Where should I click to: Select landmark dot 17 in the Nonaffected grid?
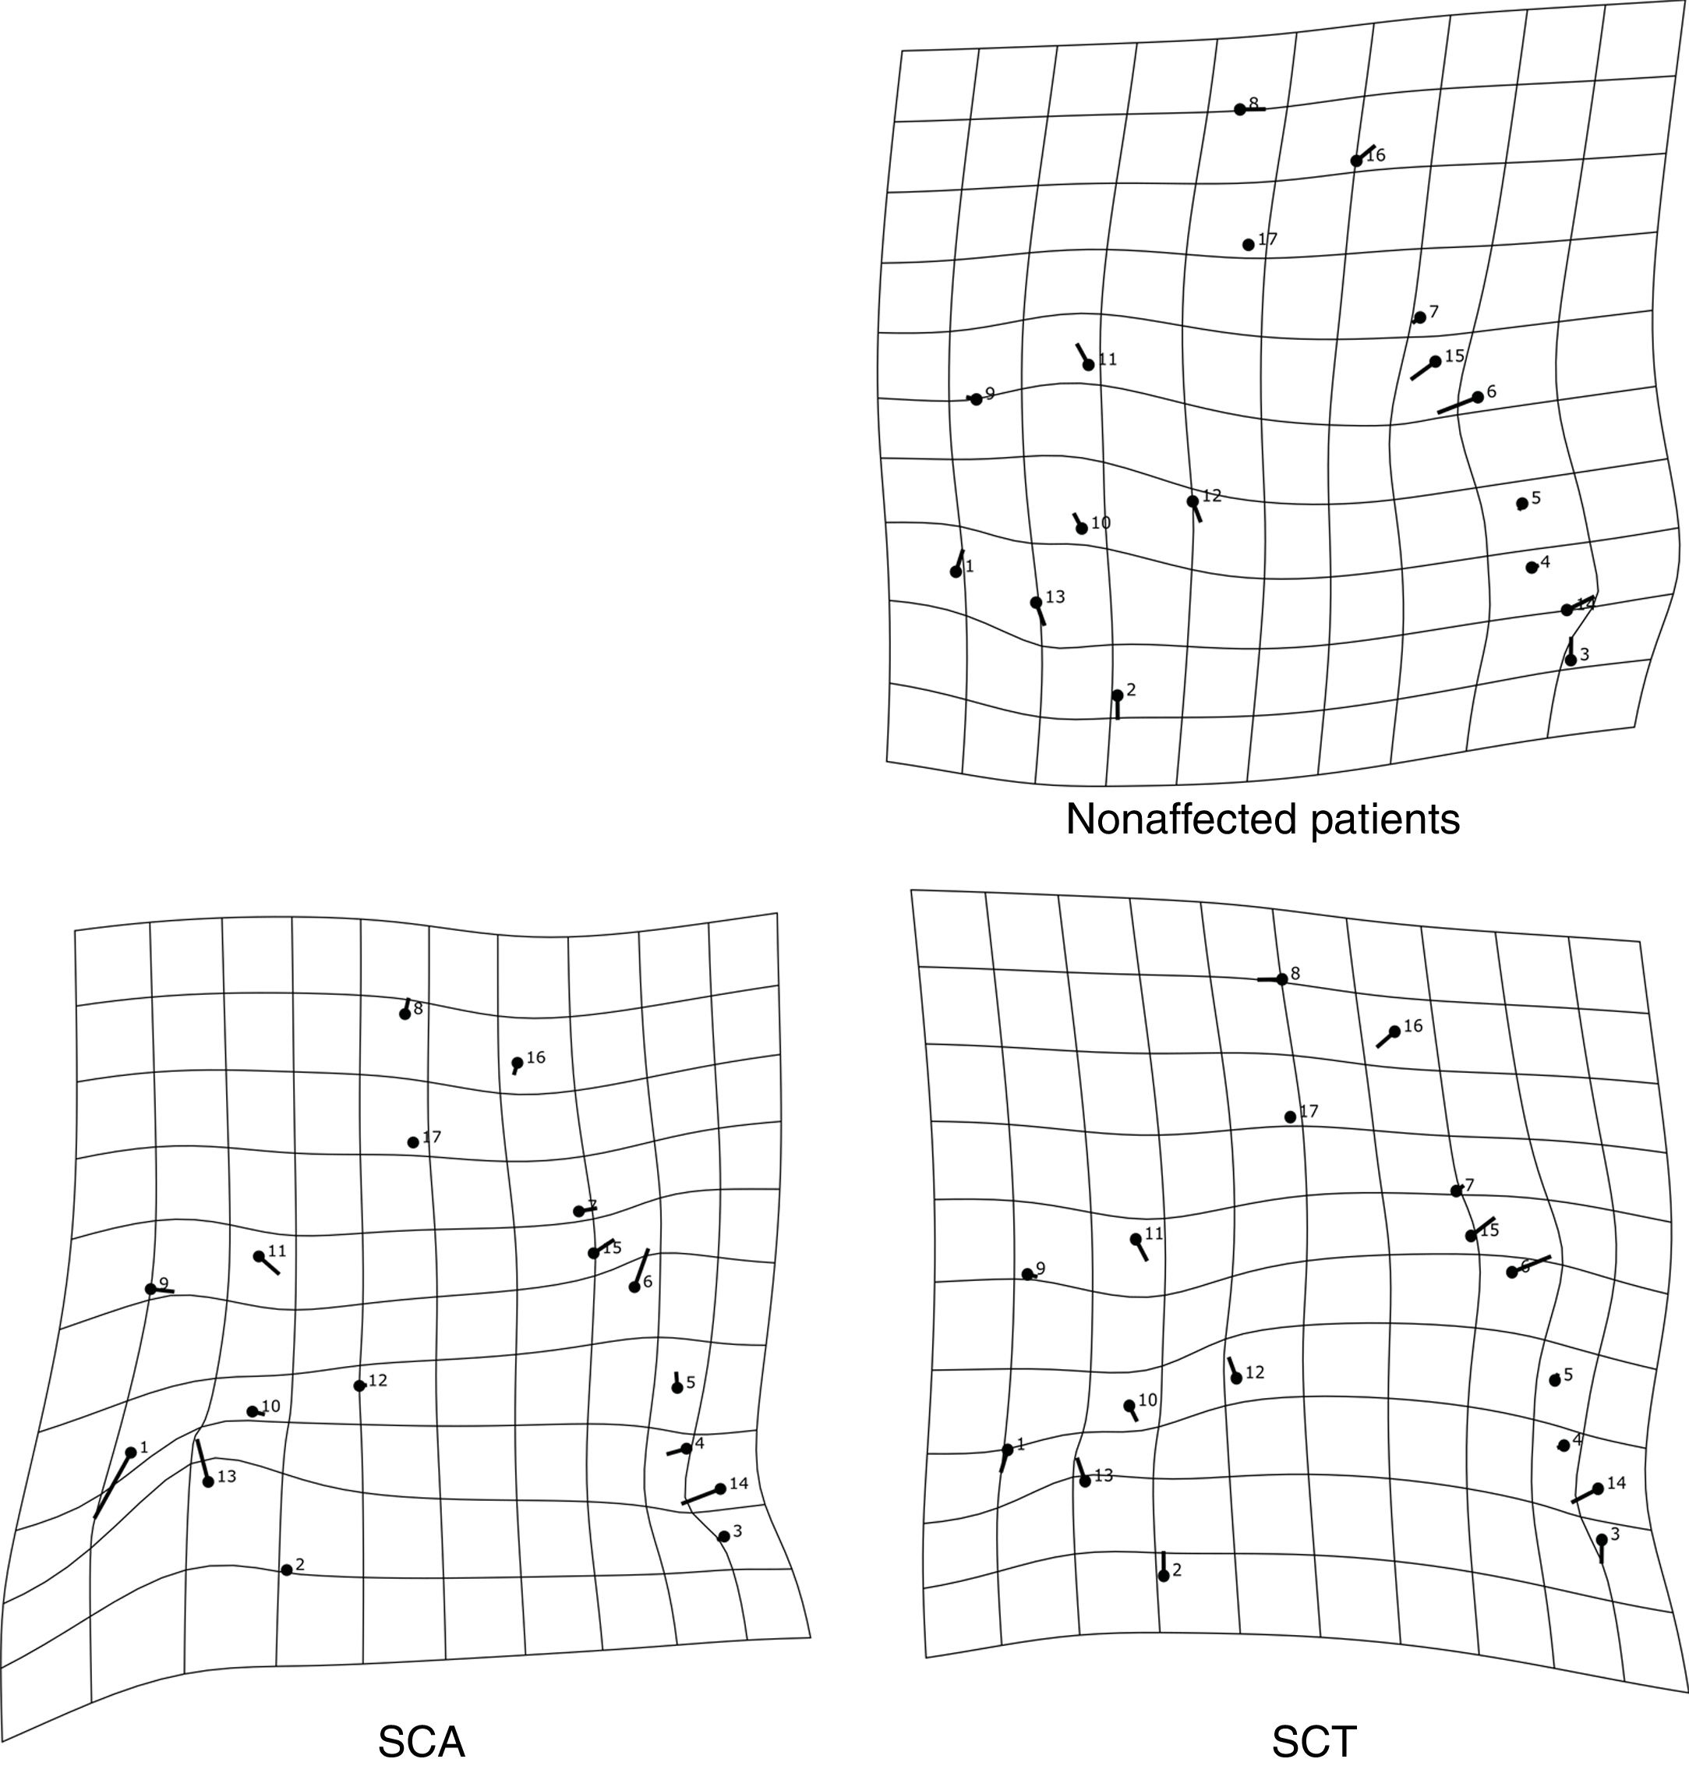(1248, 245)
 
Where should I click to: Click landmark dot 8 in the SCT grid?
(1282, 979)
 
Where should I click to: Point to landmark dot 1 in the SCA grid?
(130, 1452)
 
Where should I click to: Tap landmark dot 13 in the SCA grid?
(208, 1481)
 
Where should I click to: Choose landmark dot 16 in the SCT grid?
(1394, 1032)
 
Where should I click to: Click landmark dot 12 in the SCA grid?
(359, 1385)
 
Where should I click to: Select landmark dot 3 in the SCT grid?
(1602, 1539)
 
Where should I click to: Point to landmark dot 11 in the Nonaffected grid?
(1089, 365)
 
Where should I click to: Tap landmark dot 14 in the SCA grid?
(720, 1488)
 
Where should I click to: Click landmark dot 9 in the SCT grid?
(1027, 1274)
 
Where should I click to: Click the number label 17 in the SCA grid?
(432, 1138)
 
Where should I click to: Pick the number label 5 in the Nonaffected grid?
(1536, 497)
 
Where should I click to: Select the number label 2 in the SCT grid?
(1177, 1570)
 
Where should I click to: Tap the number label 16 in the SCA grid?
(535, 1057)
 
